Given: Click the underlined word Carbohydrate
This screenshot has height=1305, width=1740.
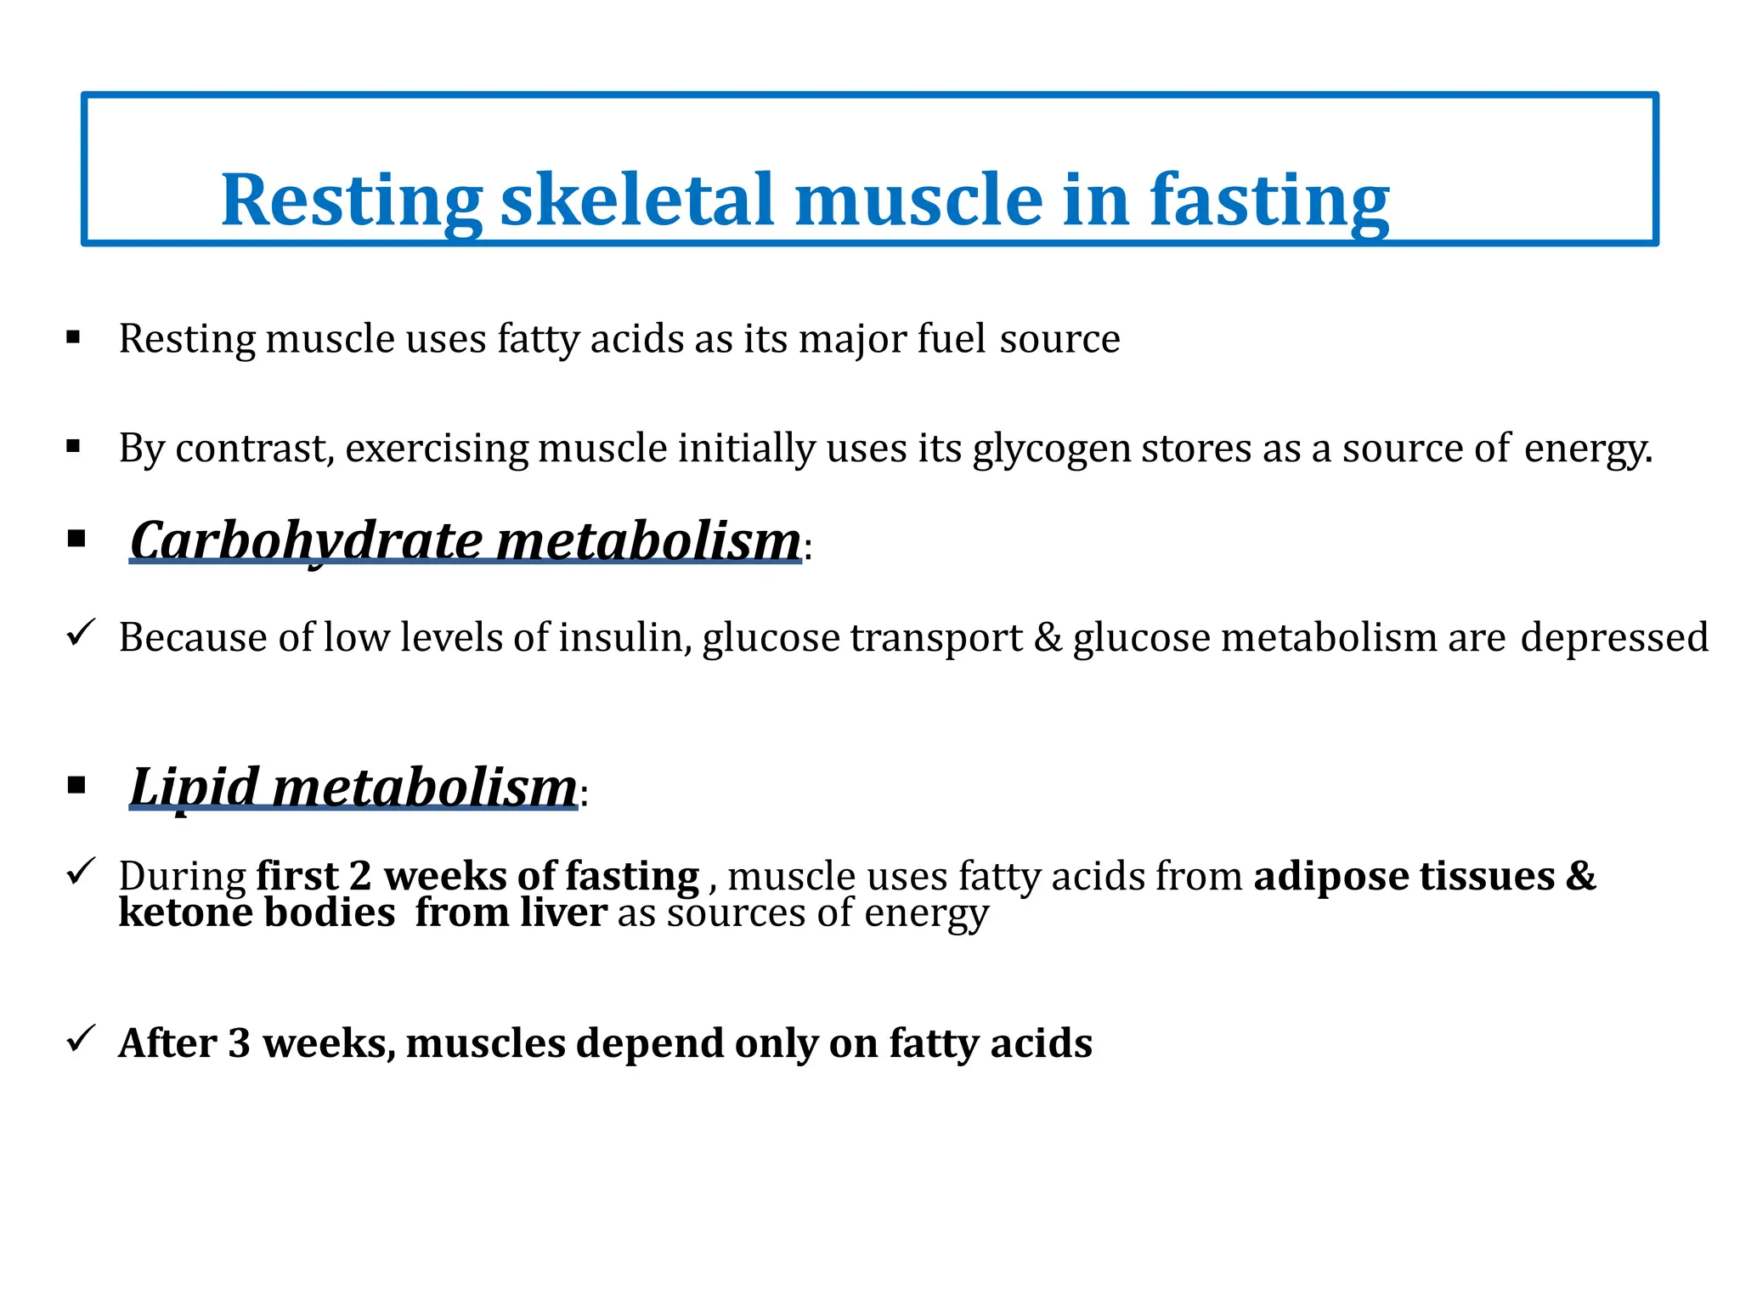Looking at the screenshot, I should (306, 540).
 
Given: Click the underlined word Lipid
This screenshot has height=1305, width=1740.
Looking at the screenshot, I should (194, 787).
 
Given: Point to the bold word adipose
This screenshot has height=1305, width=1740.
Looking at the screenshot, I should (1330, 876).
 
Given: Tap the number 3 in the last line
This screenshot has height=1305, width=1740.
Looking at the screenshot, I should (239, 1043).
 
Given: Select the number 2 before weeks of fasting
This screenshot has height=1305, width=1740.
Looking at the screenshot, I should (360, 876).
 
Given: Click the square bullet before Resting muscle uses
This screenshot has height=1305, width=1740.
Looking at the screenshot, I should (74, 338).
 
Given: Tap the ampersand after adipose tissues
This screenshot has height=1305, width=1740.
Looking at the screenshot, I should (1580, 876).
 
